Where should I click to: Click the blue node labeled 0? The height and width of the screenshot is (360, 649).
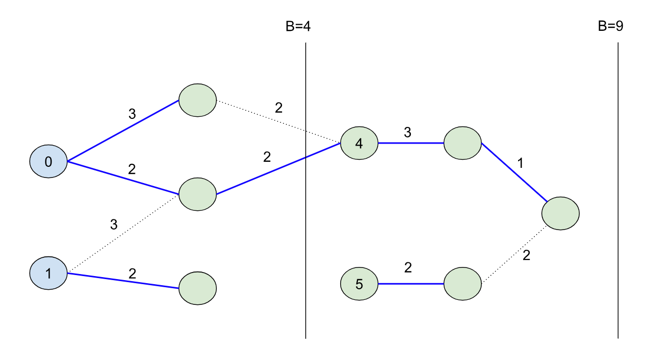coord(48,162)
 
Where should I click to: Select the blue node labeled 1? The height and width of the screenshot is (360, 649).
coord(48,274)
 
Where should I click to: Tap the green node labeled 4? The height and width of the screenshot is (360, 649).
coord(359,143)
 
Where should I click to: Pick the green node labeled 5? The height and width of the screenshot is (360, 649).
coord(359,284)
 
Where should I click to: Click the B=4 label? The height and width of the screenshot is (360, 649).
coord(298,26)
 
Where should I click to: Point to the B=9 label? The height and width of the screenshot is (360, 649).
coord(610,26)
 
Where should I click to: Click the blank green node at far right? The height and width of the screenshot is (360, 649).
coord(560,213)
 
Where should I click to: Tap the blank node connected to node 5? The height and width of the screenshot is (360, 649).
coord(462,284)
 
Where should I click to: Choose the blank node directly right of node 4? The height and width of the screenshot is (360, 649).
coord(462,143)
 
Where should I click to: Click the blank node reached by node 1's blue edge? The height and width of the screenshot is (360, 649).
coord(198,288)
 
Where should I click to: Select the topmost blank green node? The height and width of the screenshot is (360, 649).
coord(198,100)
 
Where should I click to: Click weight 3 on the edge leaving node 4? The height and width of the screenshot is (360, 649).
coord(407,132)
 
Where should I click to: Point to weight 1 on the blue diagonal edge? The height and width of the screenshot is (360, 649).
coord(521,163)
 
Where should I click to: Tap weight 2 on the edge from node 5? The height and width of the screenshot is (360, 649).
coord(408,268)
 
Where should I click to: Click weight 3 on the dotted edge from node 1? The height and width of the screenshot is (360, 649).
coord(114,224)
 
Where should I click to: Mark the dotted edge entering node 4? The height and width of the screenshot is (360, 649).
coord(278,121)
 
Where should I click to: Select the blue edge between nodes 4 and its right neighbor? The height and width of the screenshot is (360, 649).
coord(410,143)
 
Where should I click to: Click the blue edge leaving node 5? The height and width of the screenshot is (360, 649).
coord(410,284)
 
